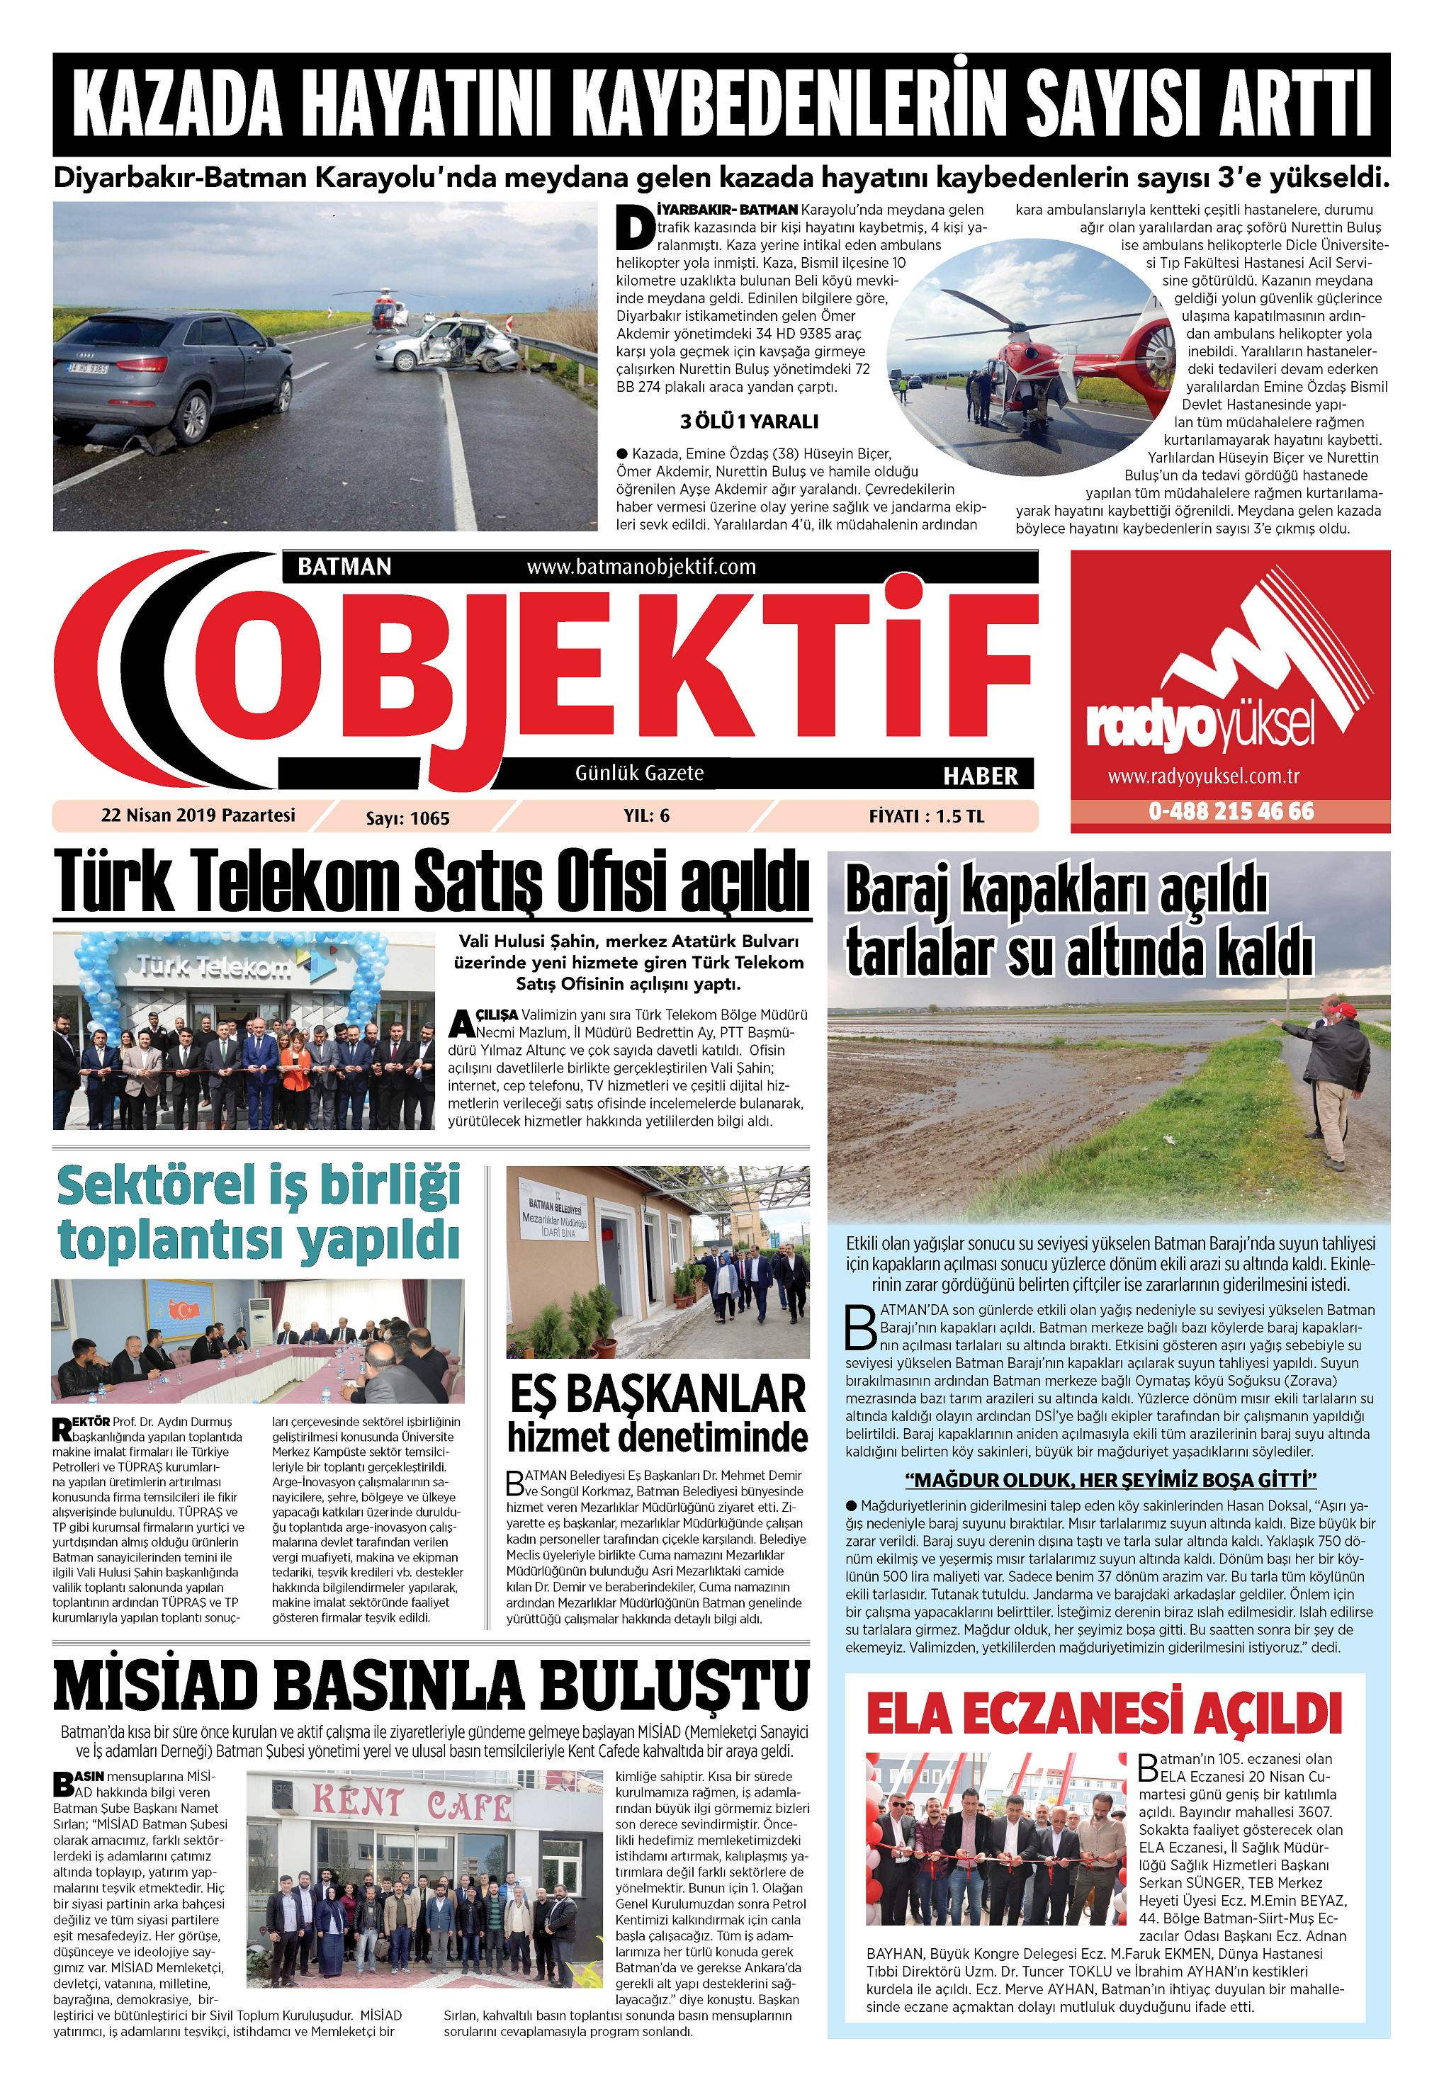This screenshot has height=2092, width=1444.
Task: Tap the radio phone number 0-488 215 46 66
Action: (1231, 810)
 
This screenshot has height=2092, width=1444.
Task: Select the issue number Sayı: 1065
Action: (407, 818)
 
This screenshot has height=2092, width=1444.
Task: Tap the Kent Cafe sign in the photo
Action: (412, 1804)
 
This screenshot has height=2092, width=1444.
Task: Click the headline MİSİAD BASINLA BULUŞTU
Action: (431, 1683)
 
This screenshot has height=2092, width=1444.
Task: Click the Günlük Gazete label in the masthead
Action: (639, 774)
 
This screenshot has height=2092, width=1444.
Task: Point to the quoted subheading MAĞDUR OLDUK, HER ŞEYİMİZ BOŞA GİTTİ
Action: (1110, 1480)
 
